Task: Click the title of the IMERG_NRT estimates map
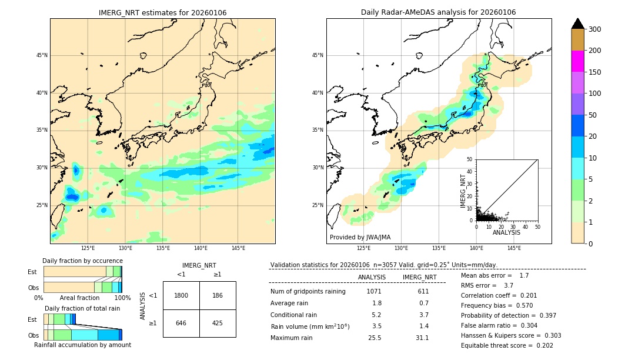[162, 13]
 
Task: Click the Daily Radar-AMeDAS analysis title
[438, 13]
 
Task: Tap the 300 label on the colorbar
[595, 29]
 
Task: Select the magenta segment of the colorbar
[578, 61]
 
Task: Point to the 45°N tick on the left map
[42, 55]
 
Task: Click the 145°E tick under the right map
[514, 248]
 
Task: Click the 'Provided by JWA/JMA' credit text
[360, 238]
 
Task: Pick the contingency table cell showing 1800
[181, 295]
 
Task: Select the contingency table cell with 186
[218, 295]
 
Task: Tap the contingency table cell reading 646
[181, 324]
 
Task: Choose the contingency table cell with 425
[218, 324]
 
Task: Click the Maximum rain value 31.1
[422, 338]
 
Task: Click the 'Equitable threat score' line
[507, 345]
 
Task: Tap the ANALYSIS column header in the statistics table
[372, 277]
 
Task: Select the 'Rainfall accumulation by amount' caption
[82, 345]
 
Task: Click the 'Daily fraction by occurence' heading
[82, 261]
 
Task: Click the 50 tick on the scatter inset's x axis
[537, 226]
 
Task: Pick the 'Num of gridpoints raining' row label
[308, 292]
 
